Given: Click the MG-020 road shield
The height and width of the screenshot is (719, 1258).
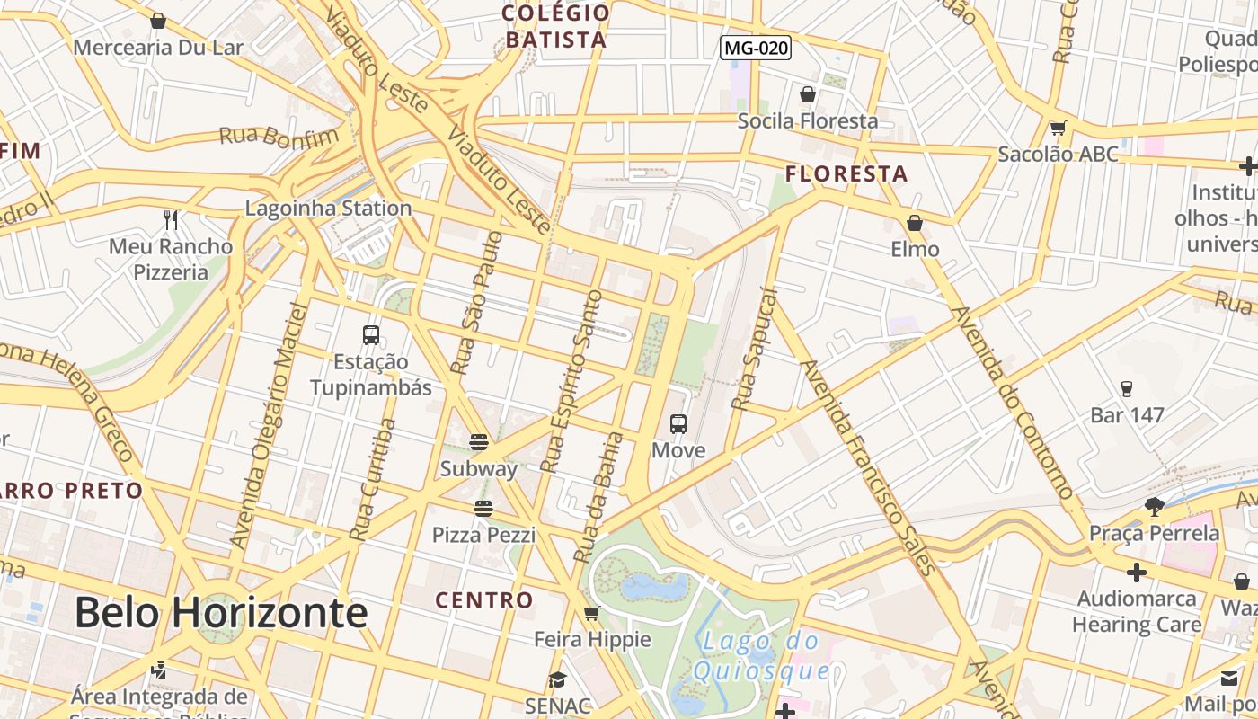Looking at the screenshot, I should coord(756,48).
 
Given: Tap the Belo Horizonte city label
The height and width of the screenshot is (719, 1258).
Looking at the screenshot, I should coord(221,613).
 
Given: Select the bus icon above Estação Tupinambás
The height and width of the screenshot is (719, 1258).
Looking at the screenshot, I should coord(371,335).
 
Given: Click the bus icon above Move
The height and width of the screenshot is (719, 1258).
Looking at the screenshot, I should coord(678,424).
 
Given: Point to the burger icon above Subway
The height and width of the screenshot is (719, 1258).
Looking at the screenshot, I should coord(479,441).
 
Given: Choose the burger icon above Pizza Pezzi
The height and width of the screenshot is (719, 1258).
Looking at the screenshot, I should coord(483,509).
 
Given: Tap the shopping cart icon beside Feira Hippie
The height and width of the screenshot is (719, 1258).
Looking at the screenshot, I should coord(591,614).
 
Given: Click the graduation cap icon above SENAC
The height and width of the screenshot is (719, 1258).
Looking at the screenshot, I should coord(558,680).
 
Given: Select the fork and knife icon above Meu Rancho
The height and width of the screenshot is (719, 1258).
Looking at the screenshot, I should coord(171,219).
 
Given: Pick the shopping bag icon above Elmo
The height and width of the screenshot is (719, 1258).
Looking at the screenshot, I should coord(915,223).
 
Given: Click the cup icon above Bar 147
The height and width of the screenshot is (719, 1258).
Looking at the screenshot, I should coord(1127,389).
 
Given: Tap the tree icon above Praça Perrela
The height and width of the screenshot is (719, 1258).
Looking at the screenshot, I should coord(1155,507).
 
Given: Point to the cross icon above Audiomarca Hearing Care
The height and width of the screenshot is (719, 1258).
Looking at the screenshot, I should coord(1137,573).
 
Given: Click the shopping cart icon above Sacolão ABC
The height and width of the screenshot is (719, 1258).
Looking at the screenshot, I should coord(1058,129).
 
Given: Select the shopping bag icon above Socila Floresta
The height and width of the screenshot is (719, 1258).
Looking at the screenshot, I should coord(807,94).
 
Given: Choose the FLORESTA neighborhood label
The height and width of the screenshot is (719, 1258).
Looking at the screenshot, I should coord(846,174).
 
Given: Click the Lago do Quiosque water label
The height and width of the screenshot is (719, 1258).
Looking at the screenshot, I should coord(762,655).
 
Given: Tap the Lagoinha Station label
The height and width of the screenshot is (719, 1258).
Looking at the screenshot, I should coord(329,209).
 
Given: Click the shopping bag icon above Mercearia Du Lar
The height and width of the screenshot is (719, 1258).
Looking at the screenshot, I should coord(158,21).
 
